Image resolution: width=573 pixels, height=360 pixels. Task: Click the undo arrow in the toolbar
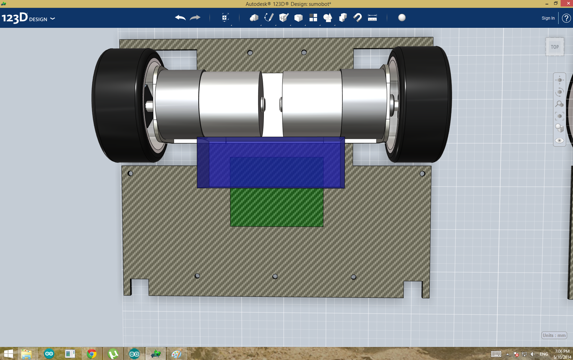click(180, 18)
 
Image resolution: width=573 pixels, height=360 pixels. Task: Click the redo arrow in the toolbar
click(195, 18)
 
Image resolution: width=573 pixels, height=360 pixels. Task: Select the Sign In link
click(548, 18)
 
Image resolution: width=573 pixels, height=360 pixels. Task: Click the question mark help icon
click(566, 18)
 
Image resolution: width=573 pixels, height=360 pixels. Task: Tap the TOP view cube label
click(555, 47)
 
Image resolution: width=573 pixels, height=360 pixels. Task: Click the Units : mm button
click(554, 335)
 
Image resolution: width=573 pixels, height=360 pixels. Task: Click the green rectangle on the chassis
click(277, 207)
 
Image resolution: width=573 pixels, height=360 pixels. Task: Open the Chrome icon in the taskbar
click(92, 354)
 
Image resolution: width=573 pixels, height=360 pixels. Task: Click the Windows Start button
click(8, 354)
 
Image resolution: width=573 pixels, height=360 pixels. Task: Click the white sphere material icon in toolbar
click(402, 18)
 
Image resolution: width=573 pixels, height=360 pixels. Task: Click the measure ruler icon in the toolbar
click(372, 18)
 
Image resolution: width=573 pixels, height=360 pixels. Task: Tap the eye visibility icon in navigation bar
click(560, 140)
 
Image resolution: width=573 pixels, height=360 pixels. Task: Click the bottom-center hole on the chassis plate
click(275, 277)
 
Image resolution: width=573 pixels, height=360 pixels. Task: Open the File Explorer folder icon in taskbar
click(26, 354)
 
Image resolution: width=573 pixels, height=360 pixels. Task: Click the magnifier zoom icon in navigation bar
click(560, 104)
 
